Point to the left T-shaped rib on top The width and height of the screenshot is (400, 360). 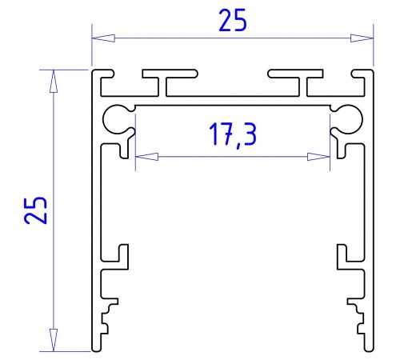pos(168,82)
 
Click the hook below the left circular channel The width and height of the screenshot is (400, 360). pos(124,148)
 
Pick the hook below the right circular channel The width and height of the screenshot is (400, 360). pos(342,148)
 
